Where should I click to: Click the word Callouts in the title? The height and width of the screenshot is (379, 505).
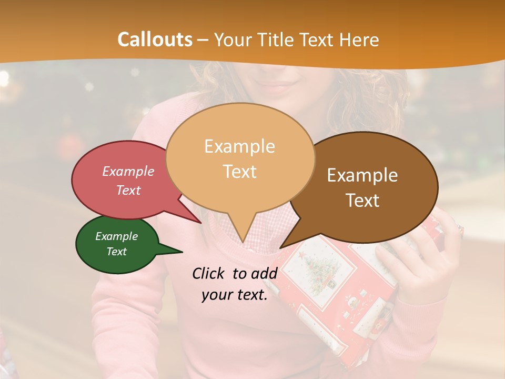tap(155, 39)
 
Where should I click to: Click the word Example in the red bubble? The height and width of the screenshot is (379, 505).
tap(128, 171)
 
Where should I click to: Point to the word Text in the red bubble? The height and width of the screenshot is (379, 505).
tap(128, 190)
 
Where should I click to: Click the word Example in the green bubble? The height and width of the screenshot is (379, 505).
tap(116, 236)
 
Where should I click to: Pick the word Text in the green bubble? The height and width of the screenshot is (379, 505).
tap(116, 252)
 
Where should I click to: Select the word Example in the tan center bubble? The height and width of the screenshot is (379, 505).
tap(239, 146)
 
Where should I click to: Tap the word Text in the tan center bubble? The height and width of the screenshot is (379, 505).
tap(239, 171)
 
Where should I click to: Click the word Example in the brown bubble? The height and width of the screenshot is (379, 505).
tap(362, 175)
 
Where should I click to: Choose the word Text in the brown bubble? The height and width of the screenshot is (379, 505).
tap(362, 201)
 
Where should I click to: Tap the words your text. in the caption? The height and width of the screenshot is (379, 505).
tap(234, 295)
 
